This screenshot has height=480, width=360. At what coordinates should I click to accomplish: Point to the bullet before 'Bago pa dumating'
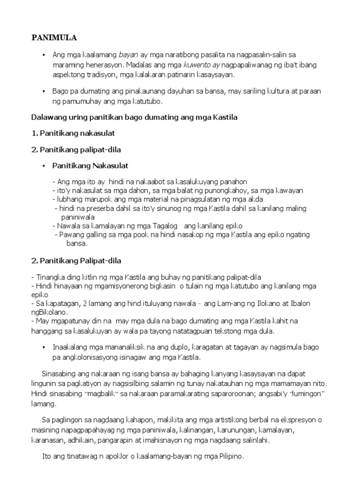coord(43,91)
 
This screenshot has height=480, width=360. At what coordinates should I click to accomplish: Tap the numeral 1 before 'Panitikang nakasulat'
coord(33,133)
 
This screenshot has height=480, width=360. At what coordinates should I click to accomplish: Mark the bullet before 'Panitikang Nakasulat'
coord(43,165)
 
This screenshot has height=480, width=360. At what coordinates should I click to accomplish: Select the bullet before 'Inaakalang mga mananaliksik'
coord(43,347)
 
